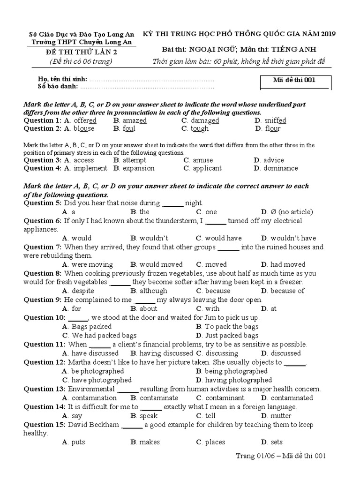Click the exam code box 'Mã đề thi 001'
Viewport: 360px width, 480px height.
coord(295,80)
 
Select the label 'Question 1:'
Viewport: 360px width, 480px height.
coord(43,120)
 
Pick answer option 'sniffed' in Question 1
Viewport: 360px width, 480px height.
coord(275,120)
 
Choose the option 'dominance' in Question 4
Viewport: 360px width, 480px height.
coord(280,168)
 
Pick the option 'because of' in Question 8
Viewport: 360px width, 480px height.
coord(287,291)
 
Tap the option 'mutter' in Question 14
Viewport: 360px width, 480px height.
coord(281,416)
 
